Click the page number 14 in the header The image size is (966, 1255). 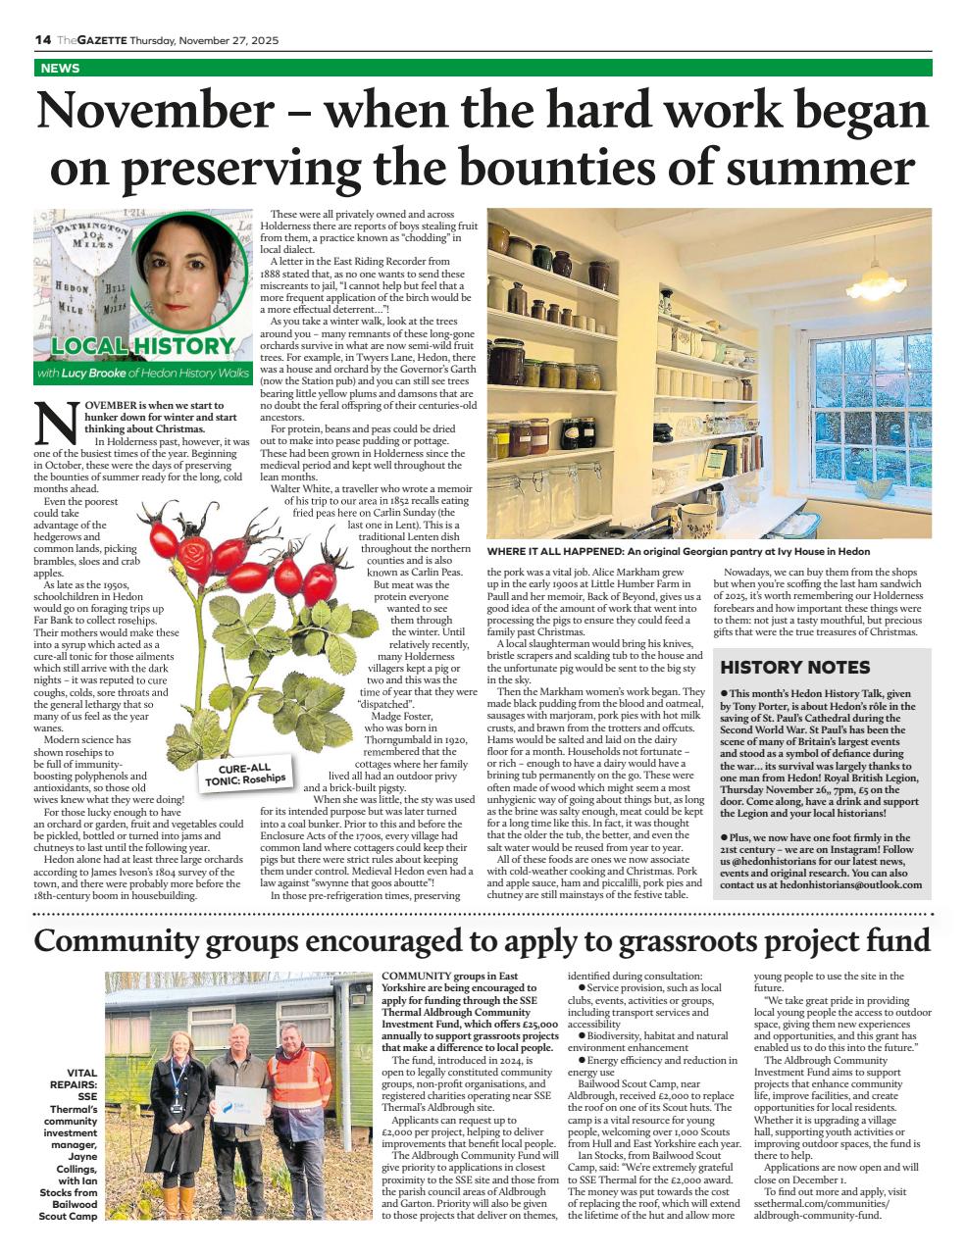pyautogui.click(x=42, y=39)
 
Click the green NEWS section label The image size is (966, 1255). pyautogui.click(x=61, y=69)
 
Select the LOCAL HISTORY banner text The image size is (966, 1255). pyautogui.click(x=142, y=346)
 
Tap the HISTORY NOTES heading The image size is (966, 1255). pyautogui.click(x=794, y=668)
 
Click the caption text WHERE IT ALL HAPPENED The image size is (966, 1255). pyautogui.click(x=556, y=552)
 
